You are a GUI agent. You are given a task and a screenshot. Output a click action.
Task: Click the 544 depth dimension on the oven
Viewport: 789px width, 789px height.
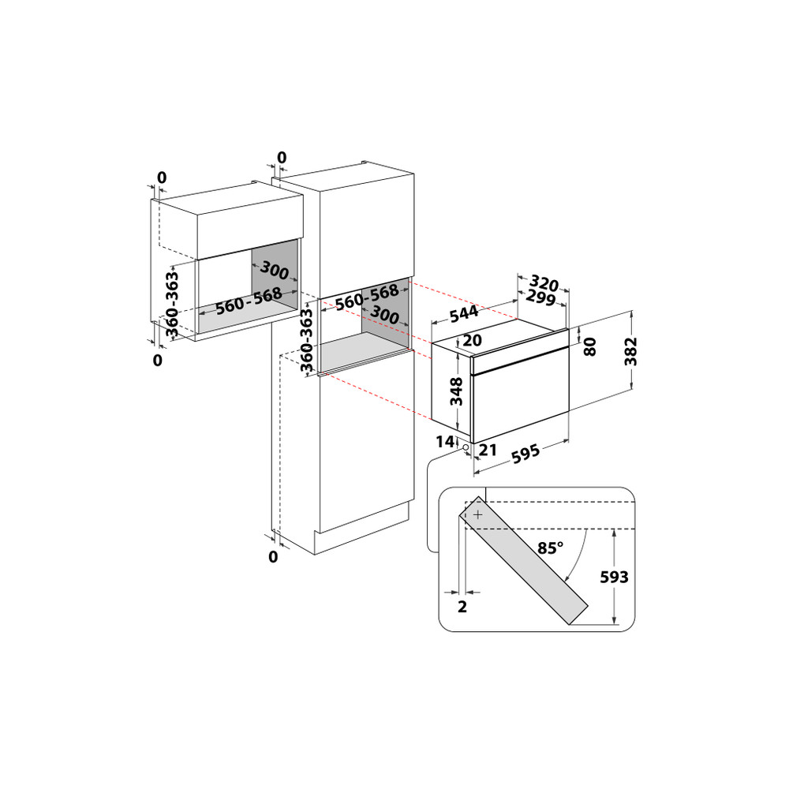coord(464,312)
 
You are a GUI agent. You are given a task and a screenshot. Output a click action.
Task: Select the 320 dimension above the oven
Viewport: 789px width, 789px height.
coord(544,284)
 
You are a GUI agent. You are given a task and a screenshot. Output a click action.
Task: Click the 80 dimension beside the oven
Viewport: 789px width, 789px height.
coord(589,345)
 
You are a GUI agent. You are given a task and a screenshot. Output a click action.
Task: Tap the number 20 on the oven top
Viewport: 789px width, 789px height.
coord(473,341)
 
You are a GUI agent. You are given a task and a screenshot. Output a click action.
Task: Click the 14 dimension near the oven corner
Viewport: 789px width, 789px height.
coord(446,441)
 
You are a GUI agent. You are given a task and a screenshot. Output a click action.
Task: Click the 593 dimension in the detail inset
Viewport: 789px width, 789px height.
coord(613,577)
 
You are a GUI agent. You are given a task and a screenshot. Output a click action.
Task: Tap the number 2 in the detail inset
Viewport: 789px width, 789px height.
coord(462,606)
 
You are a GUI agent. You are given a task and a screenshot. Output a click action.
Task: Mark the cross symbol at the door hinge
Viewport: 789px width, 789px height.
coord(477,514)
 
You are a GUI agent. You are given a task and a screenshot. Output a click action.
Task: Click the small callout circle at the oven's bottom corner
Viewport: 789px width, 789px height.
coord(466,447)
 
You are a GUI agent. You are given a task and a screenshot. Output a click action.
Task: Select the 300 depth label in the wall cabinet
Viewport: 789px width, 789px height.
coord(274,271)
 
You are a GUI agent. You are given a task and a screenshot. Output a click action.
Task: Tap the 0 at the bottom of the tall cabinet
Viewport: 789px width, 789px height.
coord(273,557)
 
